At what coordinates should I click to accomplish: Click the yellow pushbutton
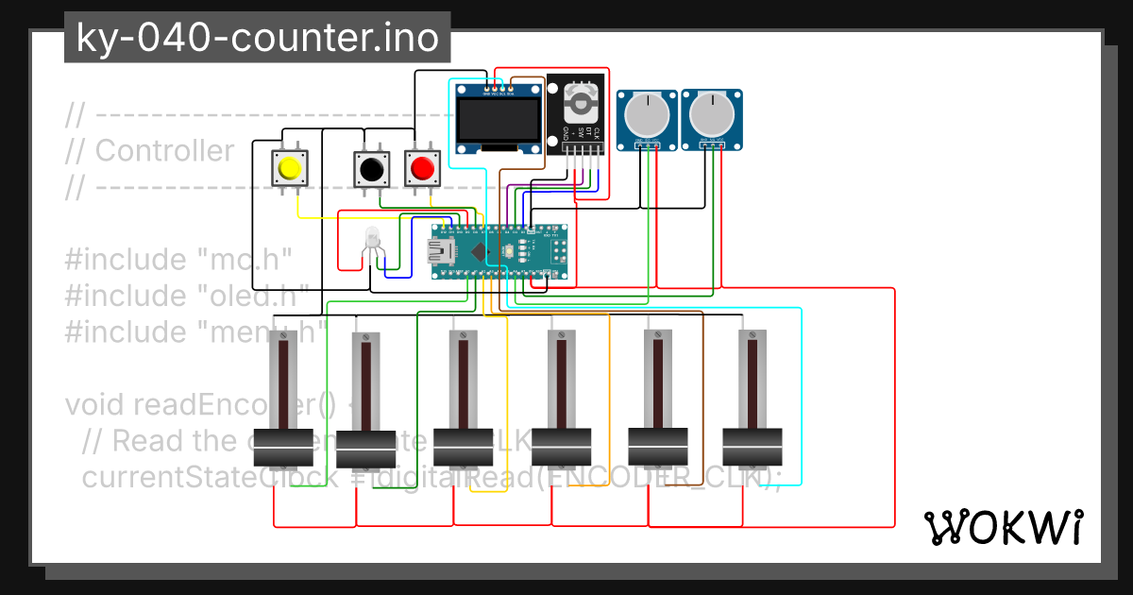coord(289,169)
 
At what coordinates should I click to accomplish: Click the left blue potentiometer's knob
coord(648,115)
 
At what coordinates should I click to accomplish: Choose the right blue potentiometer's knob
coord(711,115)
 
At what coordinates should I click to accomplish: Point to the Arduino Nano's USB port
coord(441,251)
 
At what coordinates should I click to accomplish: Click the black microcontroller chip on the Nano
coord(478,251)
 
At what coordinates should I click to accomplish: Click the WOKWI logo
coord(1003,527)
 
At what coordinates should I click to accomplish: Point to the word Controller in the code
coord(164,150)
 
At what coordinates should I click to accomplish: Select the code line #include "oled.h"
coord(187,295)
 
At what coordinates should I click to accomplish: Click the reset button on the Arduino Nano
coord(509,252)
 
